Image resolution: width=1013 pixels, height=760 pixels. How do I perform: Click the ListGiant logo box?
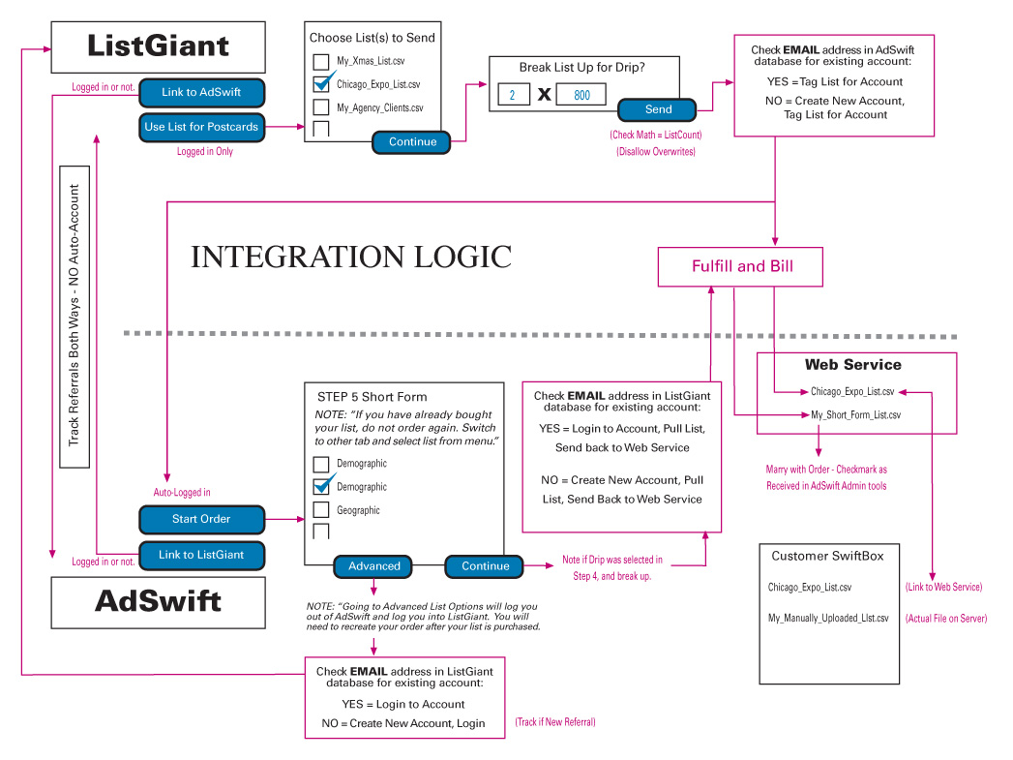pos(158,46)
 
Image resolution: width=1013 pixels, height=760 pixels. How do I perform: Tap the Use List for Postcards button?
pos(201,127)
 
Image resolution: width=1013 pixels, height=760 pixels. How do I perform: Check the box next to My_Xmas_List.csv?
pos(321,62)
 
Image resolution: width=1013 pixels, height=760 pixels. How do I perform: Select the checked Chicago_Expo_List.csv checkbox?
pos(322,85)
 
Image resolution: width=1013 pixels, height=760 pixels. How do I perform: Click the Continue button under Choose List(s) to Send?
pos(412,142)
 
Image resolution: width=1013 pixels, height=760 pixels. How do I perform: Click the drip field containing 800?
pos(581,95)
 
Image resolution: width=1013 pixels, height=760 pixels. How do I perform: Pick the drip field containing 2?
pos(513,95)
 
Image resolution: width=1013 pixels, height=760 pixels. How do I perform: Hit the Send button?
pos(658,109)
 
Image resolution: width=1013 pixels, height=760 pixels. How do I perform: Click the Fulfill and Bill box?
pos(741,266)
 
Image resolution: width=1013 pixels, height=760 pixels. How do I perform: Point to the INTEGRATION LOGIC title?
pos(350,257)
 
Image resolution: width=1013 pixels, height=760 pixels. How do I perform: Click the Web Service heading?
pos(852,365)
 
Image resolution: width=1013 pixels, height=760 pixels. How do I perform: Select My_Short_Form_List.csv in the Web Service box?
pos(855,415)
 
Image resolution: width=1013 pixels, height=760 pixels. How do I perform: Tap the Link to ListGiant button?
pos(201,555)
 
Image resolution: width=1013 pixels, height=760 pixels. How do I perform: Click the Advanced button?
pos(373,566)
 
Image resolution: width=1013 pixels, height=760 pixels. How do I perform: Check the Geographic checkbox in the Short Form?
pos(321,510)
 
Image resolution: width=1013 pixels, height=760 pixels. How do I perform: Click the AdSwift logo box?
pos(158,601)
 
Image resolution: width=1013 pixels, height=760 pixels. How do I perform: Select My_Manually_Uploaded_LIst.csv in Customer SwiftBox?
pos(828,619)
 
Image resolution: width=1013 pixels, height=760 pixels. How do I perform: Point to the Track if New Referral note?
pos(555,722)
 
